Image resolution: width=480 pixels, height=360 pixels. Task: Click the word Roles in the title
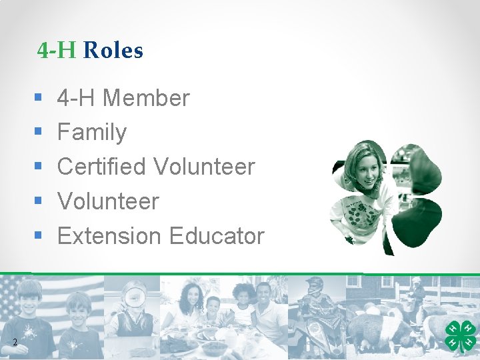(x=114, y=51)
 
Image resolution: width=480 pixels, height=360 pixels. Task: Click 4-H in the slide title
(x=57, y=51)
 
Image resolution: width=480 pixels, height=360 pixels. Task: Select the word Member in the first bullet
(x=147, y=99)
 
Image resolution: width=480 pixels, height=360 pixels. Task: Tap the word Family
(x=92, y=133)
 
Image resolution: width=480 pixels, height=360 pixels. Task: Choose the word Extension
(x=110, y=236)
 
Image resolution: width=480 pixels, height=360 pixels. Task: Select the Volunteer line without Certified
(x=108, y=201)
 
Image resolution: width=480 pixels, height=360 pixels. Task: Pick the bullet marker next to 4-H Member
(x=37, y=99)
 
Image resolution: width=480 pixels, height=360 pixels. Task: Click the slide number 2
(x=14, y=343)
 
